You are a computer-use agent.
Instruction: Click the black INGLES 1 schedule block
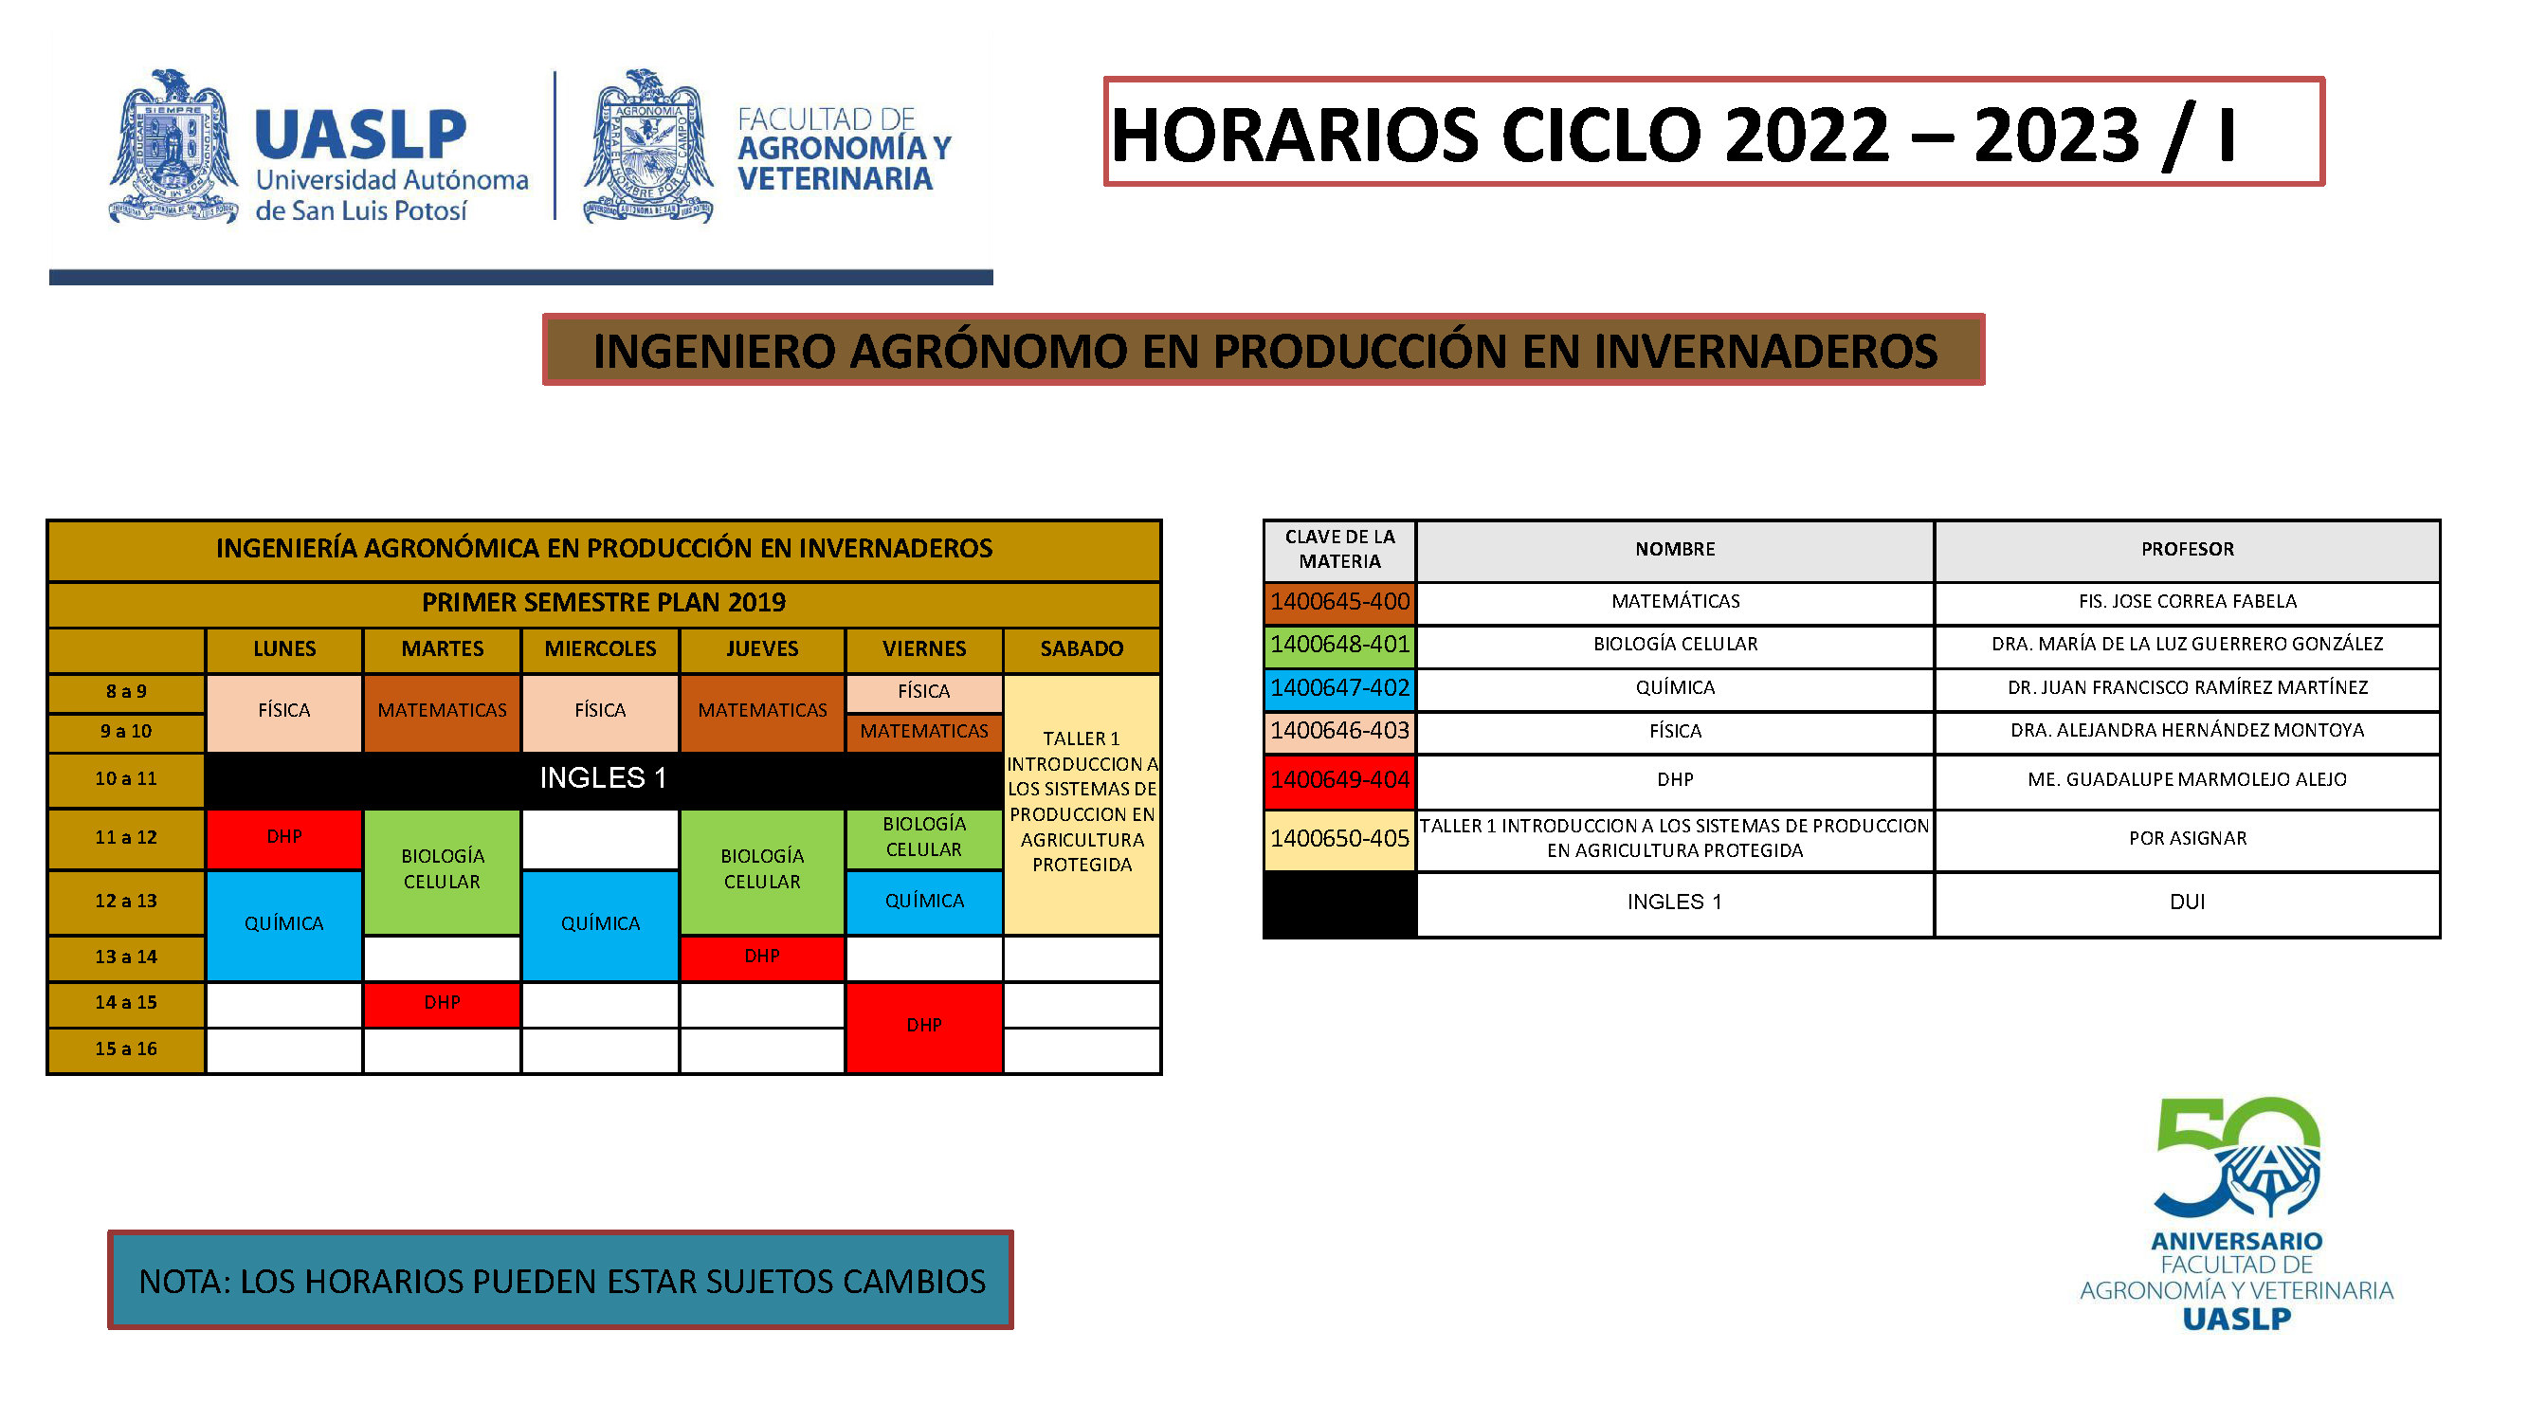pos(603,778)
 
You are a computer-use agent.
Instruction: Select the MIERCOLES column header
pos(600,648)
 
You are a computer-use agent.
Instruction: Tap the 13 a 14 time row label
pos(126,957)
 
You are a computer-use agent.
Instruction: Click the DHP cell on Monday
pos(283,837)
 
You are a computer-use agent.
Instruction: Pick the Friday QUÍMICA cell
pos(923,901)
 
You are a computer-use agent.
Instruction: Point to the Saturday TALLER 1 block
pos(1082,802)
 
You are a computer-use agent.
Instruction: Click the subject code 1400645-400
pos(1338,602)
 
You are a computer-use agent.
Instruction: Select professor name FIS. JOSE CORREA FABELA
pos(2187,602)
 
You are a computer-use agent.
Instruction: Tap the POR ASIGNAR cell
pos(2187,839)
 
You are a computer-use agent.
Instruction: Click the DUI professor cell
pos(2187,902)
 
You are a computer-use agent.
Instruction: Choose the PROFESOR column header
pos(2187,550)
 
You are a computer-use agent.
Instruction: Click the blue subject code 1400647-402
pos(1338,688)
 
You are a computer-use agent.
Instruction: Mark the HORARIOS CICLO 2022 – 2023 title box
pos(1713,133)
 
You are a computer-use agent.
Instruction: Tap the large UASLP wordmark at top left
pos(360,136)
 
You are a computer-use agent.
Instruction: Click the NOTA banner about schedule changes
pos(560,1281)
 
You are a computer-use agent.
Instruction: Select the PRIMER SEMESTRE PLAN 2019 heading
pos(604,603)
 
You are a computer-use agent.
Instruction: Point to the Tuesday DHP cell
pos(442,1003)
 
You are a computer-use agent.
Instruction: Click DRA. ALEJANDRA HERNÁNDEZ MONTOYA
pos(2187,731)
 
